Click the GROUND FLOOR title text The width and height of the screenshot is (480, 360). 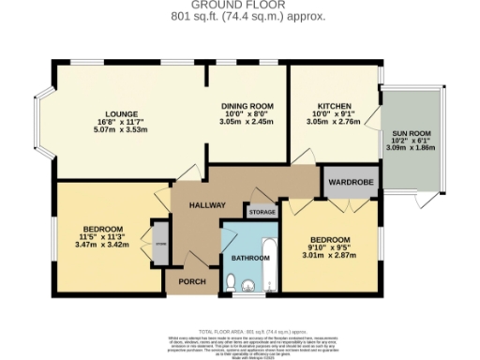[239, 5]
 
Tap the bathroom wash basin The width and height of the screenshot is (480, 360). [249, 285]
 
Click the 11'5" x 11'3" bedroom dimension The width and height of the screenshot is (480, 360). [103, 237]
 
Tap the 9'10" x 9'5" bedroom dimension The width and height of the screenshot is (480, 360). [330, 247]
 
